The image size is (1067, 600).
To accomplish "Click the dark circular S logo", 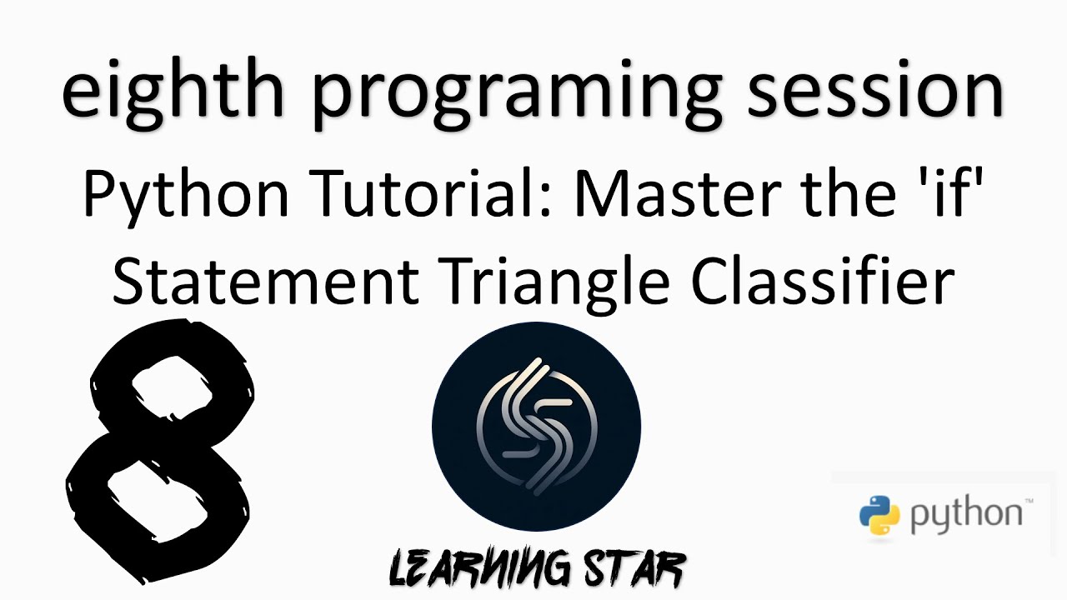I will click(x=536, y=427).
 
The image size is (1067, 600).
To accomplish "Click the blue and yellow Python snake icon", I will click(x=880, y=514).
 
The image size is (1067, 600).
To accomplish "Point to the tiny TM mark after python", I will click(x=1029, y=502).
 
